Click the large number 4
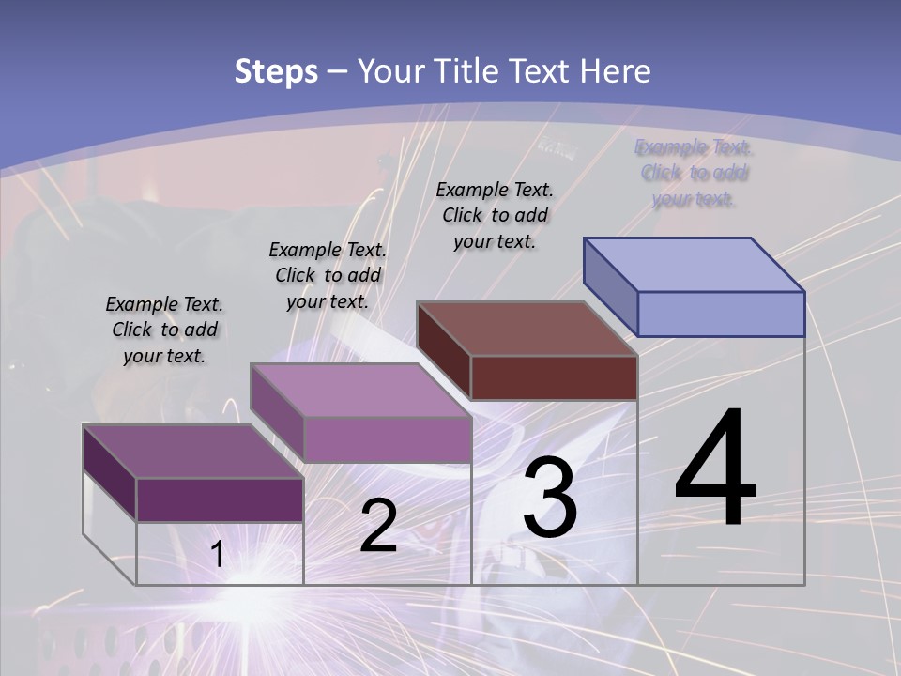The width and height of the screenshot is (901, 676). [715, 469]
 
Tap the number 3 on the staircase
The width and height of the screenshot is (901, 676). [549, 498]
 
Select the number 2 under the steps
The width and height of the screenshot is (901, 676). [378, 527]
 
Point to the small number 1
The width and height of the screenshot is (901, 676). [217, 554]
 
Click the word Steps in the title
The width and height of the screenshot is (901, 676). [276, 71]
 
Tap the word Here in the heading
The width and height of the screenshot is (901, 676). [614, 71]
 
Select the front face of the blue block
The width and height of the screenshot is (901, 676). [721, 314]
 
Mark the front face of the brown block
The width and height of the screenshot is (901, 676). [554, 377]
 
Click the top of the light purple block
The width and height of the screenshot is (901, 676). [360, 390]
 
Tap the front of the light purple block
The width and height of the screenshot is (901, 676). [387, 439]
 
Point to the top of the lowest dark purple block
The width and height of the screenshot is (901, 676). [193, 452]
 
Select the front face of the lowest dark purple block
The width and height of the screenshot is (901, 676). [220, 499]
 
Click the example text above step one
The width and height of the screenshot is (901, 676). [164, 330]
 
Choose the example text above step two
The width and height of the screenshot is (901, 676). [328, 275]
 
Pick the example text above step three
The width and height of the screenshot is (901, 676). [495, 215]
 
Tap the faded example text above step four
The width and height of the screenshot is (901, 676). [694, 173]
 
